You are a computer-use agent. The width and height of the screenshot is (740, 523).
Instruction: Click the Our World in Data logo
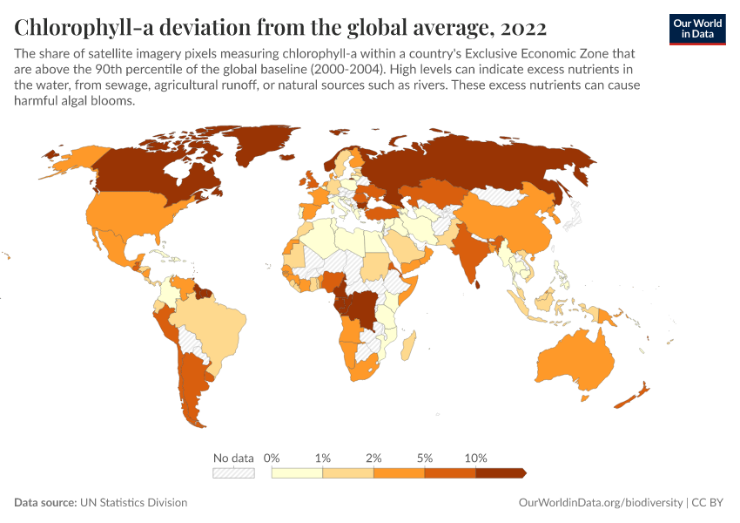(x=697, y=30)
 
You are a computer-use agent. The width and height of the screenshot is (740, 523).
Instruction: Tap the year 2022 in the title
(x=523, y=28)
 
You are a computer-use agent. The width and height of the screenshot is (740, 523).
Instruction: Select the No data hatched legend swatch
(x=233, y=473)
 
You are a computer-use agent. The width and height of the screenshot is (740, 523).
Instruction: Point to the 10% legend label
(x=475, y=458)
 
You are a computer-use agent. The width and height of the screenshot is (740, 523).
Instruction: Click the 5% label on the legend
(x=425, y=458)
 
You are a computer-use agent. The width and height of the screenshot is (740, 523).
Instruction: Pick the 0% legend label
(x=272, y=458)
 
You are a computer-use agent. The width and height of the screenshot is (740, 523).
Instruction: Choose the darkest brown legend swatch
(x=501, y=473)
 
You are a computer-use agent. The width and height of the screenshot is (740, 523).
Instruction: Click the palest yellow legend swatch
(x=298, y=473)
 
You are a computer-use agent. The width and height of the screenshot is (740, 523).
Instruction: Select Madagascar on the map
(x=408, y=345)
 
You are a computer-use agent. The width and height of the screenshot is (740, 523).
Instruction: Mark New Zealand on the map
(x=632, y=396)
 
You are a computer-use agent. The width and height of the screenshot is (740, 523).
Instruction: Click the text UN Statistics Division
(x=133, y=502)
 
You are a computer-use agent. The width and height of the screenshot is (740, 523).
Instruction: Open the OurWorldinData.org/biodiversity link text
(x=601, y=503)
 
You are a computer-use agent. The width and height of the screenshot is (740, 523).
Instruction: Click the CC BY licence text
(x=707, y=502)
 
